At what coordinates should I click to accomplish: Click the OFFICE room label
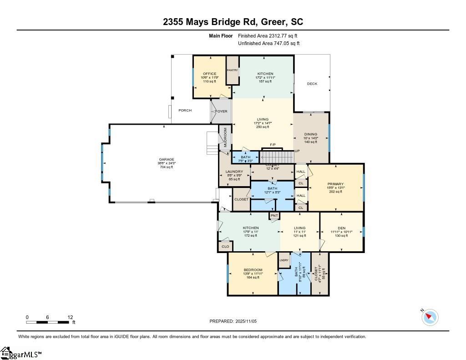[209, 74]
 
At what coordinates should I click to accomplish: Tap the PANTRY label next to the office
[232, 70]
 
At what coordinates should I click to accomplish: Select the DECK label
[312, 84]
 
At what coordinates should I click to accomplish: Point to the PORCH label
[185, 111]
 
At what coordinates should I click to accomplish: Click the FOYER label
[221, 112]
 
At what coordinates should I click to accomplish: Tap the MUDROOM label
[225, 136]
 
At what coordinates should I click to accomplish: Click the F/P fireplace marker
[273, 145]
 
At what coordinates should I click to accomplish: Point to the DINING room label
[311, 134]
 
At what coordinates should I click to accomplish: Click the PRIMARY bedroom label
[335, 184]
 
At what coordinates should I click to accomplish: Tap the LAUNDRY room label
[234, 172]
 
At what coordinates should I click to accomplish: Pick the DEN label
[341, 228]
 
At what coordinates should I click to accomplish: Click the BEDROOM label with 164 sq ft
[253, 270]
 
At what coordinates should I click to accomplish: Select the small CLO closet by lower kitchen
[225, 246]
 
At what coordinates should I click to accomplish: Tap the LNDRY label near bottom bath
[284, 260]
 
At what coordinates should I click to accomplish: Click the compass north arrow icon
[430, 317]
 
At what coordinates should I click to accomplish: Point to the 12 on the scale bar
[70, 317]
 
